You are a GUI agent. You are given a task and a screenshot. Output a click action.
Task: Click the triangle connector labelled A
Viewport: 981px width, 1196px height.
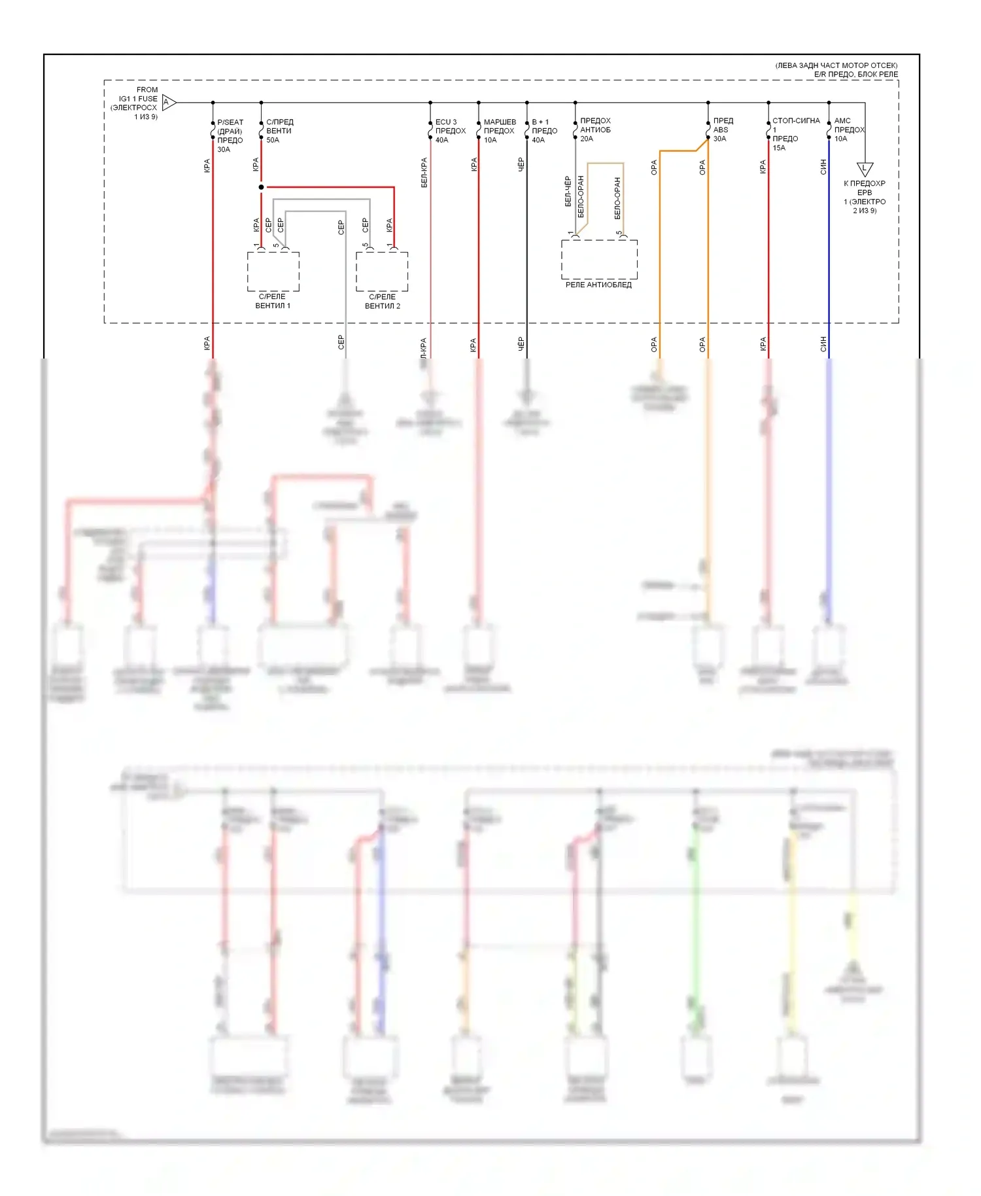tap(167, 102)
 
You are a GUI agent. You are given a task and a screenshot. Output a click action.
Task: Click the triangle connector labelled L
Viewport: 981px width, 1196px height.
tap(865, 169)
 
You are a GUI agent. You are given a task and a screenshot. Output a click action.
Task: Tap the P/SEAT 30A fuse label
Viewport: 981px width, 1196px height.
tap(230, 135)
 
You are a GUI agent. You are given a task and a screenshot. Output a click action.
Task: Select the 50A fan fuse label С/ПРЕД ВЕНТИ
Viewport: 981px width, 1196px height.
tap(279, 131)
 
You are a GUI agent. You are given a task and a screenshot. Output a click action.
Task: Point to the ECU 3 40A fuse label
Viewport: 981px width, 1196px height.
tap(450, 131)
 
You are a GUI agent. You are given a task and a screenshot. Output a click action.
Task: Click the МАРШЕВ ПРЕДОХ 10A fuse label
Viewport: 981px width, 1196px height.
tap(499, 131)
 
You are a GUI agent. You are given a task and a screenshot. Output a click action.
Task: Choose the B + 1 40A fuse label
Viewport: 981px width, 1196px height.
tap(543, 131)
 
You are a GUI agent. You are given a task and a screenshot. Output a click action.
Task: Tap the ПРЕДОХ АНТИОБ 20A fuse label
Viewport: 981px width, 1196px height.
tap(594, 130)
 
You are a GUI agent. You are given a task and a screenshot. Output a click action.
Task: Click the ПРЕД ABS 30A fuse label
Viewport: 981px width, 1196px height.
tap(722, 130)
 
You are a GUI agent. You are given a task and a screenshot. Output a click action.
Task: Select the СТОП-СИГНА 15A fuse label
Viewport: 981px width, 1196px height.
tap(795, 133)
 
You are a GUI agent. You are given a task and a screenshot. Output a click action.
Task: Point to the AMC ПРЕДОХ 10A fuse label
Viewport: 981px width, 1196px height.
tap(848, 130)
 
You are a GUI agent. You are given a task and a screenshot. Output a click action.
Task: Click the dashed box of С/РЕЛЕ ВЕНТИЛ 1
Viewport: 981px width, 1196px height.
tap(273, 272)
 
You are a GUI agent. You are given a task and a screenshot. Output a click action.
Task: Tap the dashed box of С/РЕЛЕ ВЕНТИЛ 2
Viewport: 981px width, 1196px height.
tap(382, 272)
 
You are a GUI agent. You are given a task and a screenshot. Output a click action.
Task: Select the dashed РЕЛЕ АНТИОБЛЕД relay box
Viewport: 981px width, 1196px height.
tap(599, 259)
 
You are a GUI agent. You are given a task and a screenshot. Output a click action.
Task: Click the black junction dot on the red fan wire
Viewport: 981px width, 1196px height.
tap(261, 187)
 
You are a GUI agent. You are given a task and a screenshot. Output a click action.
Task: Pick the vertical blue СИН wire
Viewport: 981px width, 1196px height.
tap(829, 262)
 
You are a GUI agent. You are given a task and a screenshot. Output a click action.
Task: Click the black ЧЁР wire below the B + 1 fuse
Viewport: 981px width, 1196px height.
tap(526, 262)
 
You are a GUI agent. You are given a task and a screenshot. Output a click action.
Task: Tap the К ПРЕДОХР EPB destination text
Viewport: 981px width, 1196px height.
tap(865, 197)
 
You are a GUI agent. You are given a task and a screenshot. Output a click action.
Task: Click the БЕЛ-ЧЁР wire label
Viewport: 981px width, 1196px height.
tap(568, 191)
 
